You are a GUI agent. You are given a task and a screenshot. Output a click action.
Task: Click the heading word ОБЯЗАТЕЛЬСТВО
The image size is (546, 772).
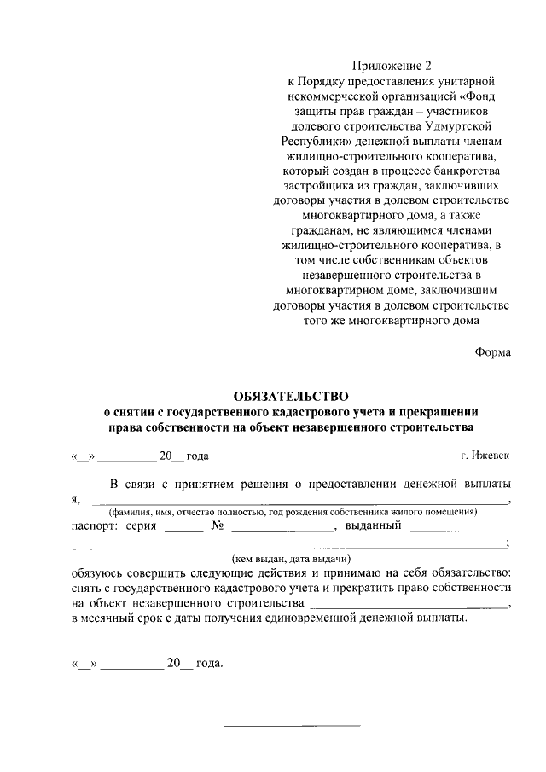pos(292,396)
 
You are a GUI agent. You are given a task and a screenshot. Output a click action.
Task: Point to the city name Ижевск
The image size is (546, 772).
pos(491,456)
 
